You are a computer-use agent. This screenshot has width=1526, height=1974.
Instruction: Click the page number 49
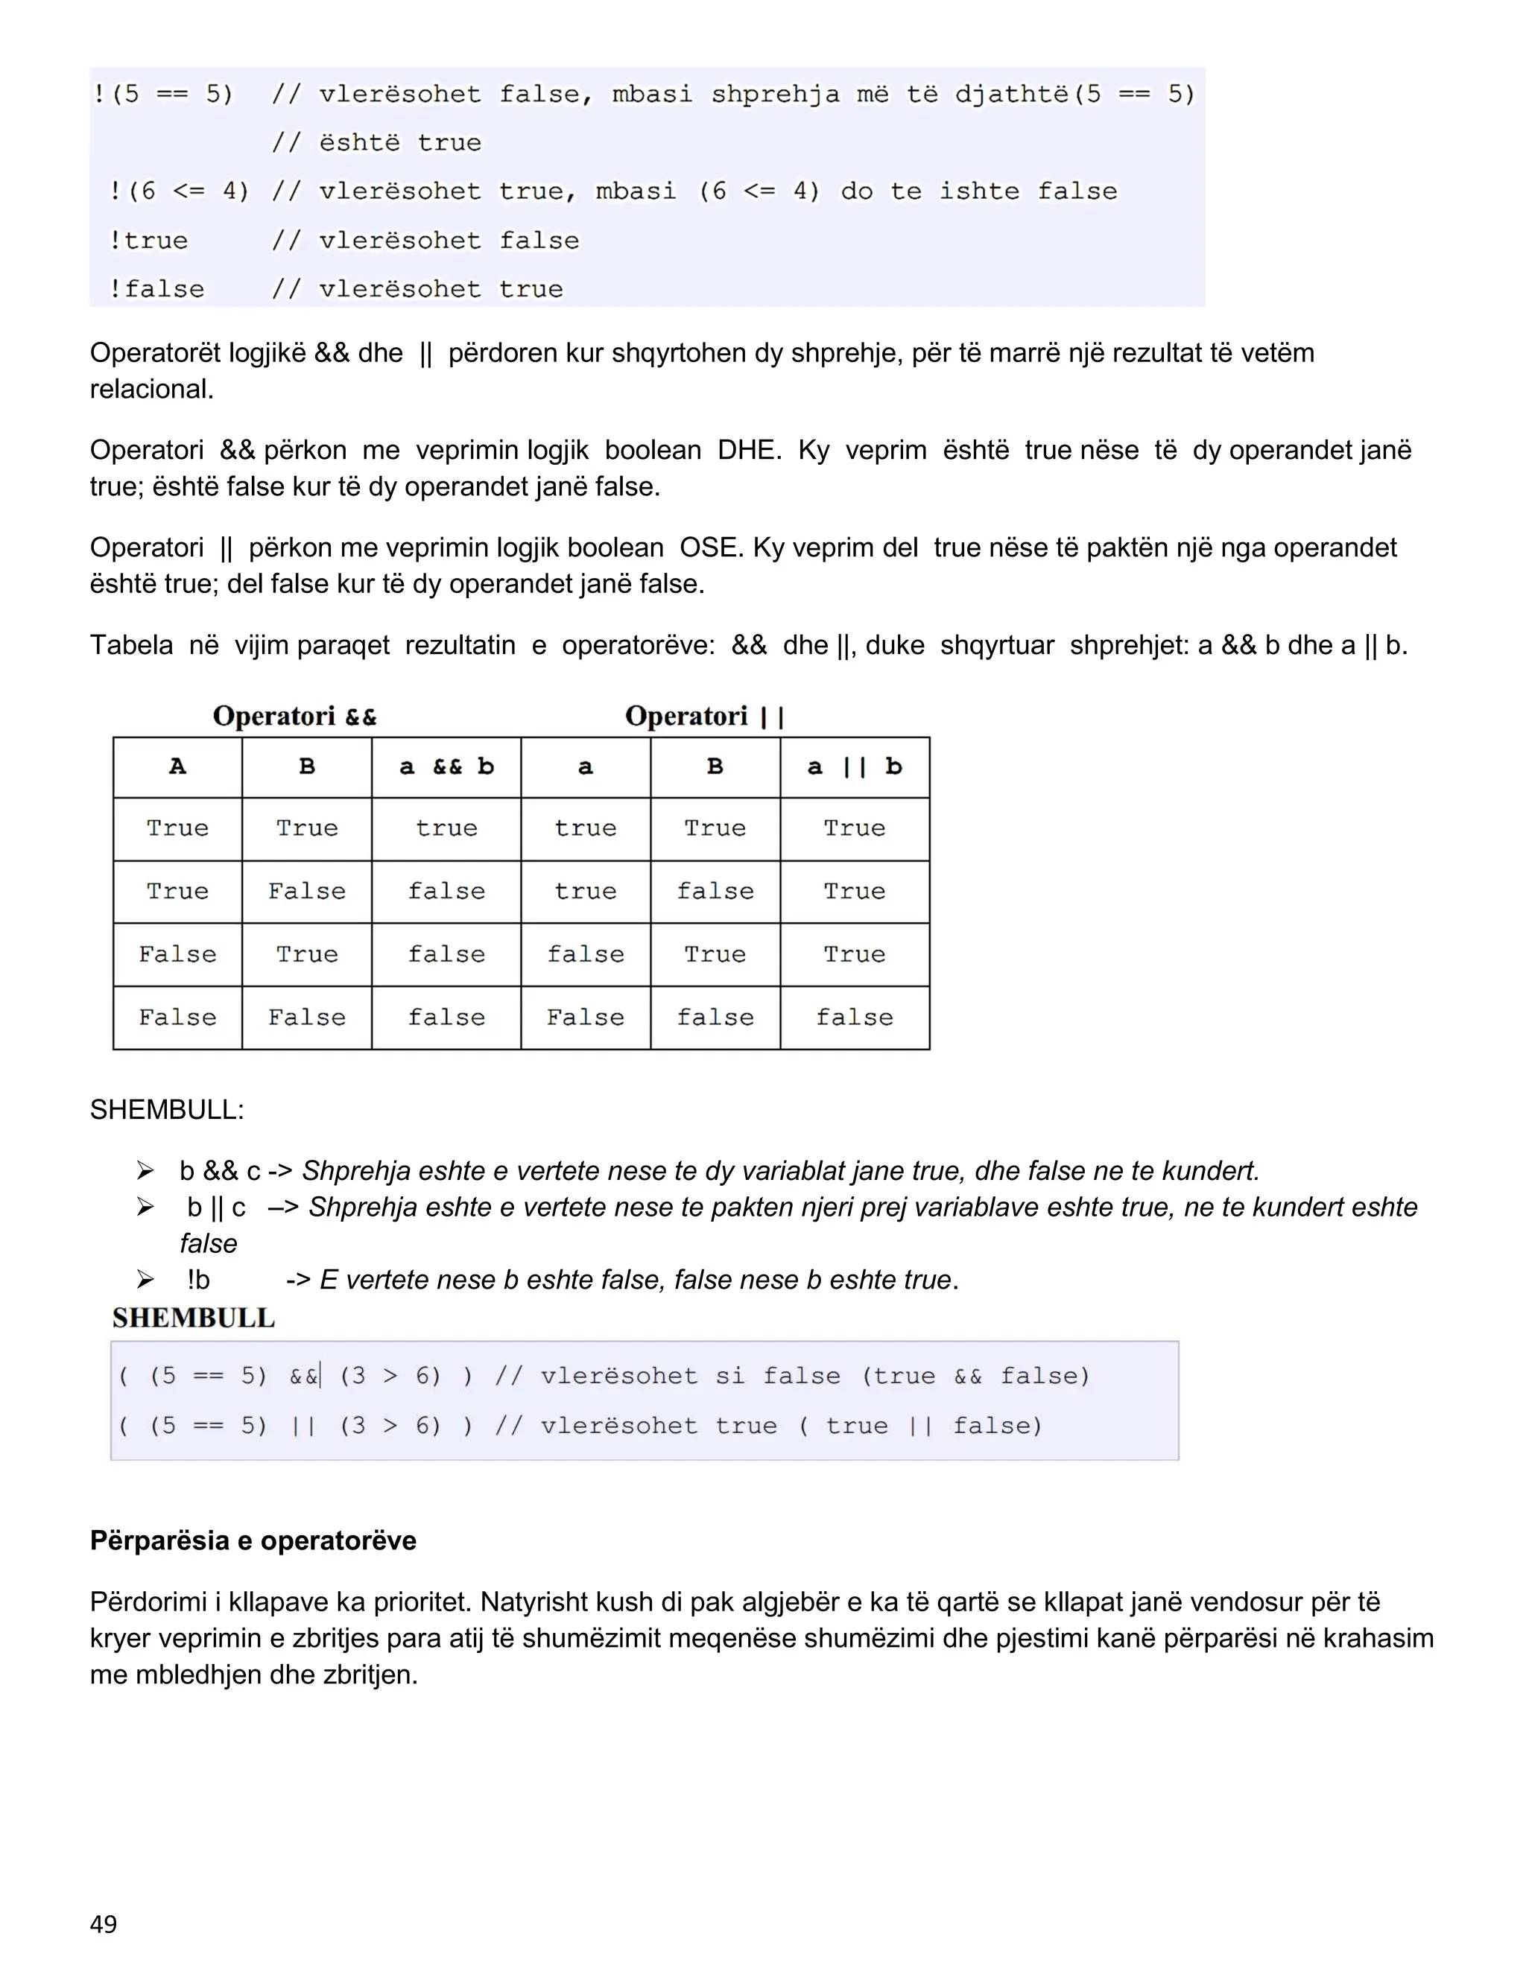[x=103, y=1923]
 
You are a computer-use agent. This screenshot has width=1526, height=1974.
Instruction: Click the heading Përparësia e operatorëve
[x=253, y=1540]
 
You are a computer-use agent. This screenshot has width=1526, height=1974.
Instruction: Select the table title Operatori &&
[x=295, y=716]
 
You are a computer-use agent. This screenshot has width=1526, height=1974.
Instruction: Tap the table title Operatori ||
[x=704, y=716]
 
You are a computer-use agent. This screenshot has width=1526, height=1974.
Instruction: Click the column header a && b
[x=446, y=767]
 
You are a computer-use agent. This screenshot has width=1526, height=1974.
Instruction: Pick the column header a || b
[x=855, y=767]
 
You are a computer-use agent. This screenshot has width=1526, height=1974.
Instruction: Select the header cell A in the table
[x=177, y=767]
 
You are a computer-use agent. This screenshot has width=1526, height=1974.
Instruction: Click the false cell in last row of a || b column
[x=855, y=1017]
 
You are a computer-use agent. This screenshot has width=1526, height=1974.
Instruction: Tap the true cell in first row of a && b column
[x=446, y=828]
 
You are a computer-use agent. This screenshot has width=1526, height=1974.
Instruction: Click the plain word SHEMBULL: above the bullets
[x=166, y=1109]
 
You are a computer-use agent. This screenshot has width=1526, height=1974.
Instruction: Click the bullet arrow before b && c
[x=145, y=1172]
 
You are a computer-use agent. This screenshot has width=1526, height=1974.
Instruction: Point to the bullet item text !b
[x=199, y=1280]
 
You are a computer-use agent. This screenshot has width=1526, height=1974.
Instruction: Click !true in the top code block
[x=148, y=241]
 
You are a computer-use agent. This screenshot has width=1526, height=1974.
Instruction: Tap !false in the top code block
[x=156, y=289]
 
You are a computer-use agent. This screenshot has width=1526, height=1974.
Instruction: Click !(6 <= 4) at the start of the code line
[x=178, y=191]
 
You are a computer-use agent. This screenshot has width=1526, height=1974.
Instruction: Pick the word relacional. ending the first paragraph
[x=151, y=390]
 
